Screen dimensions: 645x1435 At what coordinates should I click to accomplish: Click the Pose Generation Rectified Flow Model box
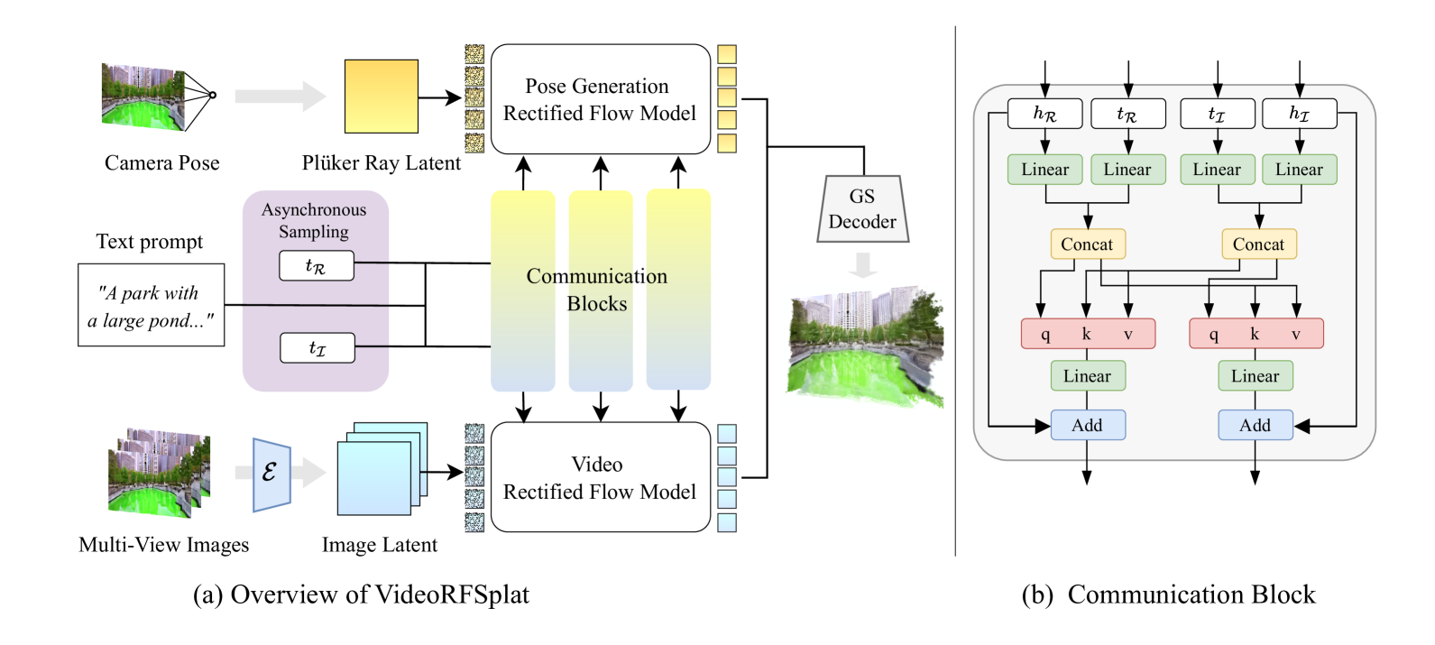(x=600, y=99)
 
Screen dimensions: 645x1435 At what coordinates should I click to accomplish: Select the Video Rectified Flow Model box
(x=600, y=477)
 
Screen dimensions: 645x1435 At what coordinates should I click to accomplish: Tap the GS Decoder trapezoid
(x=862, y=209)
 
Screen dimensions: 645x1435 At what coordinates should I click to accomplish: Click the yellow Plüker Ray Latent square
(x=381, y=97)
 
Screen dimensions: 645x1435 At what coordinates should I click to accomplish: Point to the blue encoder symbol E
(x=271, y=474)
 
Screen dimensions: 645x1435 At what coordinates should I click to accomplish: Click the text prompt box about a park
(x=152, y=306)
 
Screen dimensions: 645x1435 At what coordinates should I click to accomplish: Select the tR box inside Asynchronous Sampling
(x=316, y=266)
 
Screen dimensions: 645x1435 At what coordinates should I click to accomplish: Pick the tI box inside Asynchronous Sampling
(x=317, y=348)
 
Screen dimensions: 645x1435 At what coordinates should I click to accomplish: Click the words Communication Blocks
(x=597, y=290)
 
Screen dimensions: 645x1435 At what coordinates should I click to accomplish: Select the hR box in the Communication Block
(x=1044, y=114)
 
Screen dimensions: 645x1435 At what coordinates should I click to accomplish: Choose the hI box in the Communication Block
(x=1299, y=114)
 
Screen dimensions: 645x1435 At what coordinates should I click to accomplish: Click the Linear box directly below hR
(x=1044, y=170)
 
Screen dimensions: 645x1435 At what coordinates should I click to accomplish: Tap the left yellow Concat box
(x=1087, y=244)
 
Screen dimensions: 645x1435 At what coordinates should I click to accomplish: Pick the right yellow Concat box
(x=1258, y=244)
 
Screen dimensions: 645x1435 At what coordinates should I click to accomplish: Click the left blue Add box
(x=1087, y=425)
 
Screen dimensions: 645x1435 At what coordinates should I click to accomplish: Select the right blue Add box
(x=1255, y=425)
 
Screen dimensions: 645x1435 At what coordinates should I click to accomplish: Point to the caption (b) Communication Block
(x=1168, y=594)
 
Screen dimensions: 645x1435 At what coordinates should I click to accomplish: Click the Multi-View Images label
(x=163, y=545)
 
